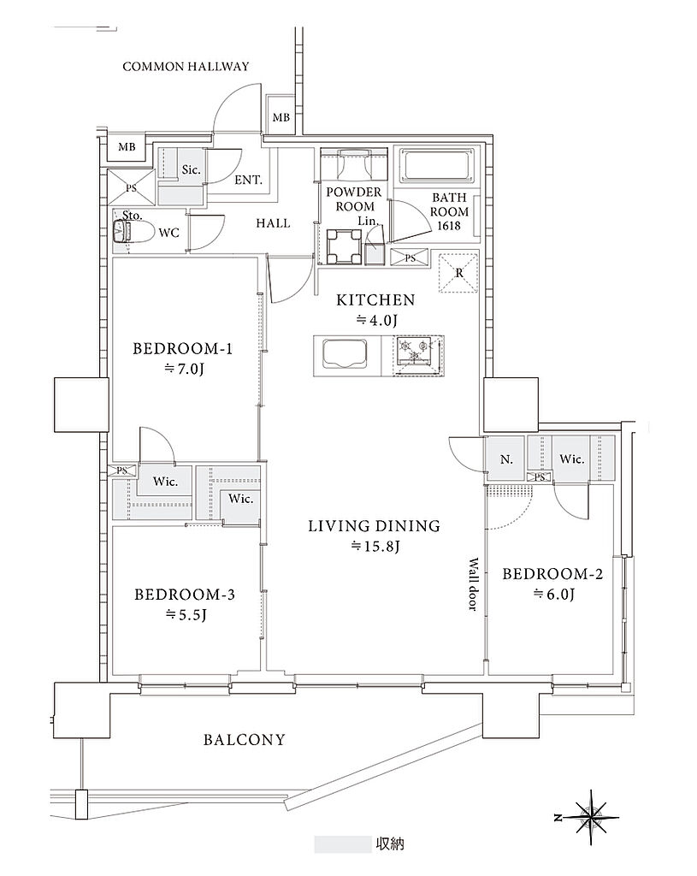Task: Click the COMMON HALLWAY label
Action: pyautogui.click(x=186, y=67)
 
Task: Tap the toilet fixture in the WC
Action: pyautogui.click(x=132, y=231)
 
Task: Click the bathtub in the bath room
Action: pyautogui.click(x=437, y=164)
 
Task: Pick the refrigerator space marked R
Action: pyautogui.click(x=458, y=273)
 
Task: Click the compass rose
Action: pyautogui.click(x=591, y=817)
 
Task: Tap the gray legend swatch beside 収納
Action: pyautogui.click(x=342, y=844)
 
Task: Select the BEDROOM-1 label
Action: pyautogui.click(x=182, y=349)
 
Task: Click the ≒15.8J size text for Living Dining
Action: pyautogui.click(x=375, y=546)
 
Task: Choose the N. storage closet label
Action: pyautogui.click(x=506, y=459)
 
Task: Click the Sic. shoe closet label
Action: pyautogui.click(x=191, y=169)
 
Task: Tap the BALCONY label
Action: pyautogui.click(x=244, y=740)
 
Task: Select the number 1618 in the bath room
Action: pyautogui.click(x=449, y=226)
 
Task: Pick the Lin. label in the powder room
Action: pyautogui.click(x=368, y=222)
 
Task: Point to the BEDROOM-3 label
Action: pyautogui.click(x=185, y=595)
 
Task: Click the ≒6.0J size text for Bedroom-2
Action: pyautogui.click(x=553, y=594)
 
